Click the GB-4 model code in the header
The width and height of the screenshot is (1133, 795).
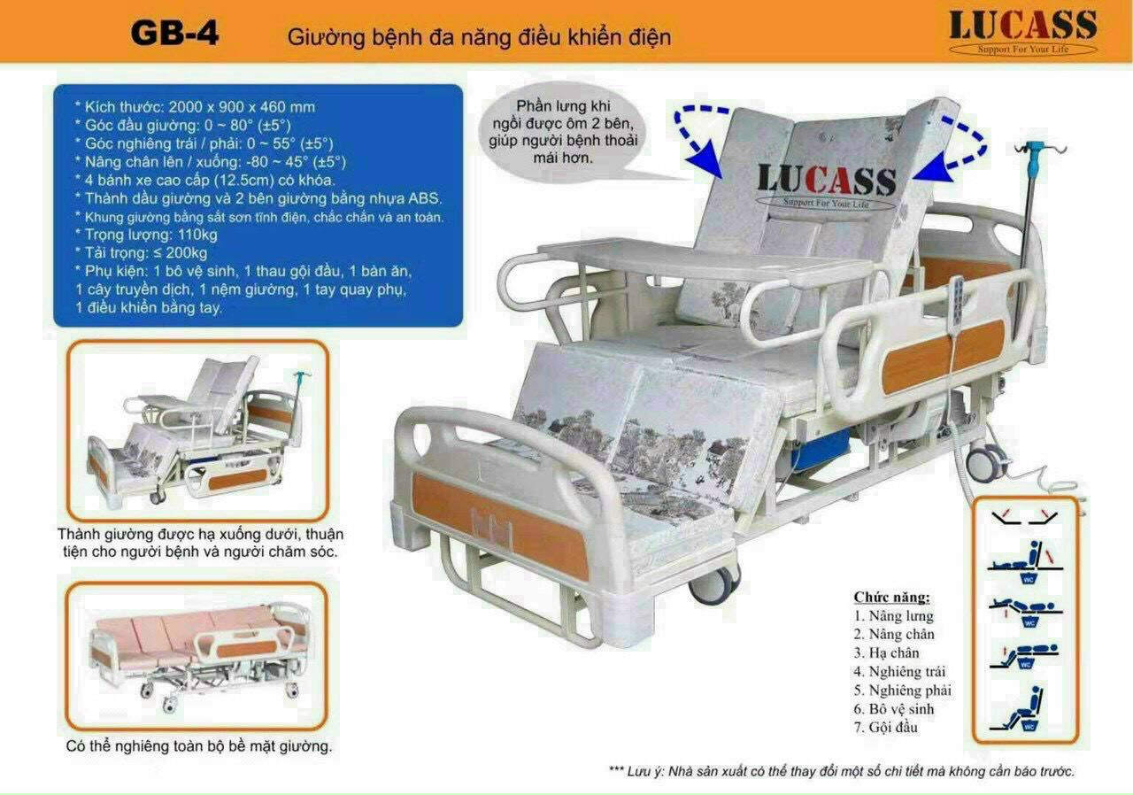pos(174,34)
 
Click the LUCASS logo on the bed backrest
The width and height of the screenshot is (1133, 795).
pos(827,185)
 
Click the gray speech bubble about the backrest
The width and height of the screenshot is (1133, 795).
pos(562,132)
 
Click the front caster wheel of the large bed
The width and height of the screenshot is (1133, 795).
pos(714,583)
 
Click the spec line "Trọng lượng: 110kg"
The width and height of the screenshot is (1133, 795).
pos(146,235)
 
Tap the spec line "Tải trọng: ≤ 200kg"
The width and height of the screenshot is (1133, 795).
pos(141,253)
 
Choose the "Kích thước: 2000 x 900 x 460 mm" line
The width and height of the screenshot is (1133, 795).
pos(196,107)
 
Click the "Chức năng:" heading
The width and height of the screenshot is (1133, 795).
pos(891,598)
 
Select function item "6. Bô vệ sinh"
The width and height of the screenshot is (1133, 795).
pos(894,709)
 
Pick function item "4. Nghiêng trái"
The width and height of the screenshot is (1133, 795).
pos(899,672)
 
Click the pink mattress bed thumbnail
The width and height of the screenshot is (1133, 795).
pos(198,656)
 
